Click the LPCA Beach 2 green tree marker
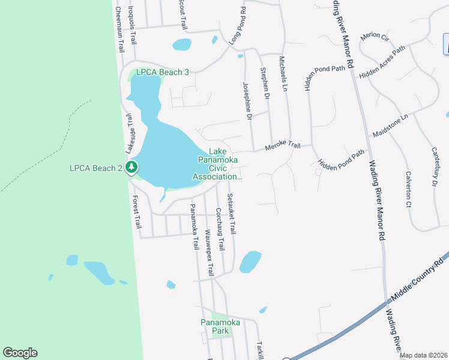(131, 168)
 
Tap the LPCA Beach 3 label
(162, 72)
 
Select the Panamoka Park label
(220, 326)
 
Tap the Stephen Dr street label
(265, 83)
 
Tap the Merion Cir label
(375, 37)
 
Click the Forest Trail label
(137, 212)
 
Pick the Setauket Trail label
(231, 214)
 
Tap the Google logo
(20, 353)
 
